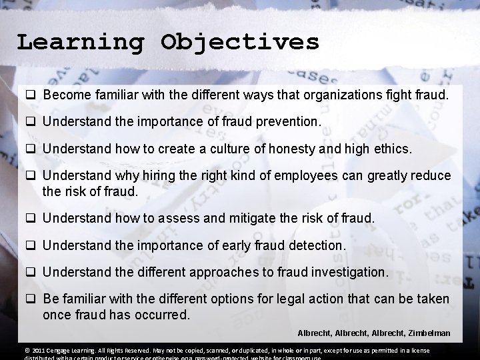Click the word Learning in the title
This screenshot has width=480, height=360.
pos(81,42)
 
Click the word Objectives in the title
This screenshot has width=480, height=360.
pos(240,42)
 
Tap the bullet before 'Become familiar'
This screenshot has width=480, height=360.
pos(31,96)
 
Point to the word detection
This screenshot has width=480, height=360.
pos(317,245)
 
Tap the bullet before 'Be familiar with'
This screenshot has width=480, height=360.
pos(31,299)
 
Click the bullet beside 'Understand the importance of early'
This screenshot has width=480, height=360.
pos(31,245)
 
